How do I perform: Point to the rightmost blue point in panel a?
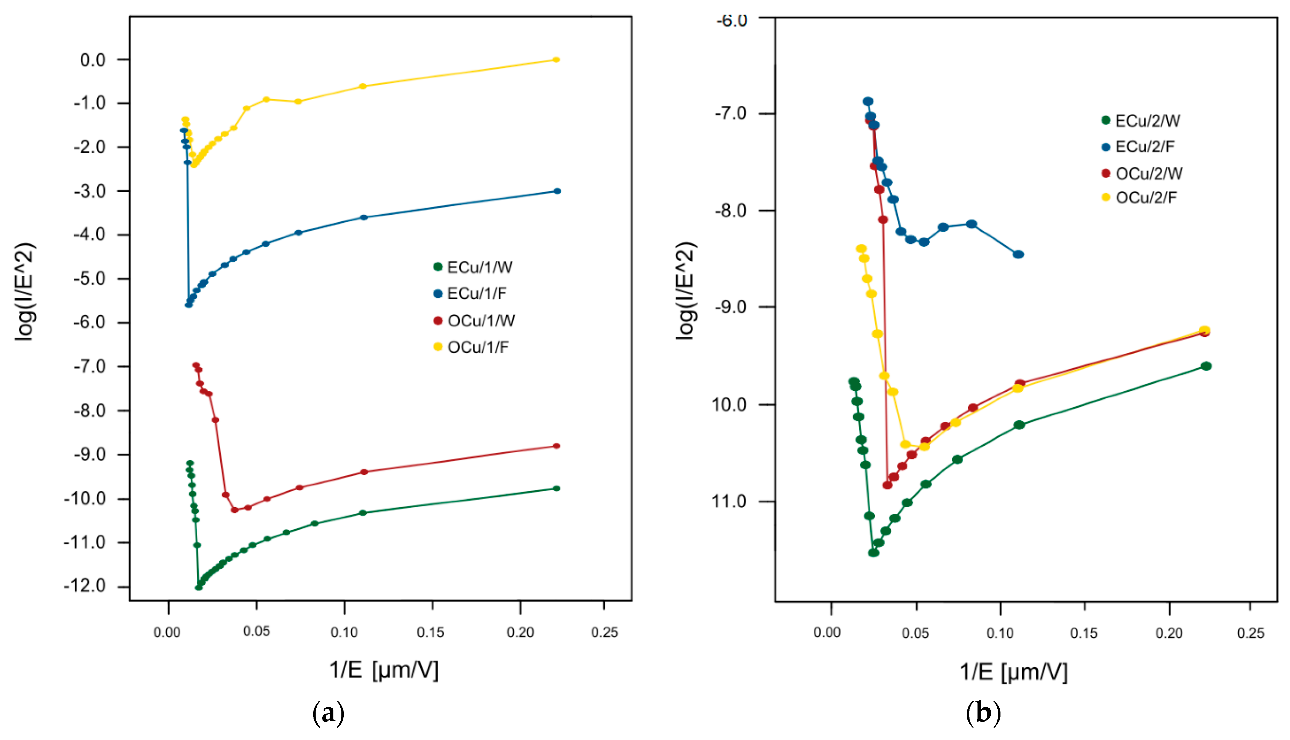click(556, 191)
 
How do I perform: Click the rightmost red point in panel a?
click(556, 446)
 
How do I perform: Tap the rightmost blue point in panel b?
click(1018, 254)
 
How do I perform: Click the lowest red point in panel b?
click(887, 485)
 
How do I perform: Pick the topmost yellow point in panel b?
click(861, 248)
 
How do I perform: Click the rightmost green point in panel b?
click(1206, 366)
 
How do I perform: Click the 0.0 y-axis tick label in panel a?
click(93, 60)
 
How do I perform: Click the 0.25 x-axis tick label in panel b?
click(1250, 633)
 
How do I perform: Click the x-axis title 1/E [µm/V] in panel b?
click(1013, 672)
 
